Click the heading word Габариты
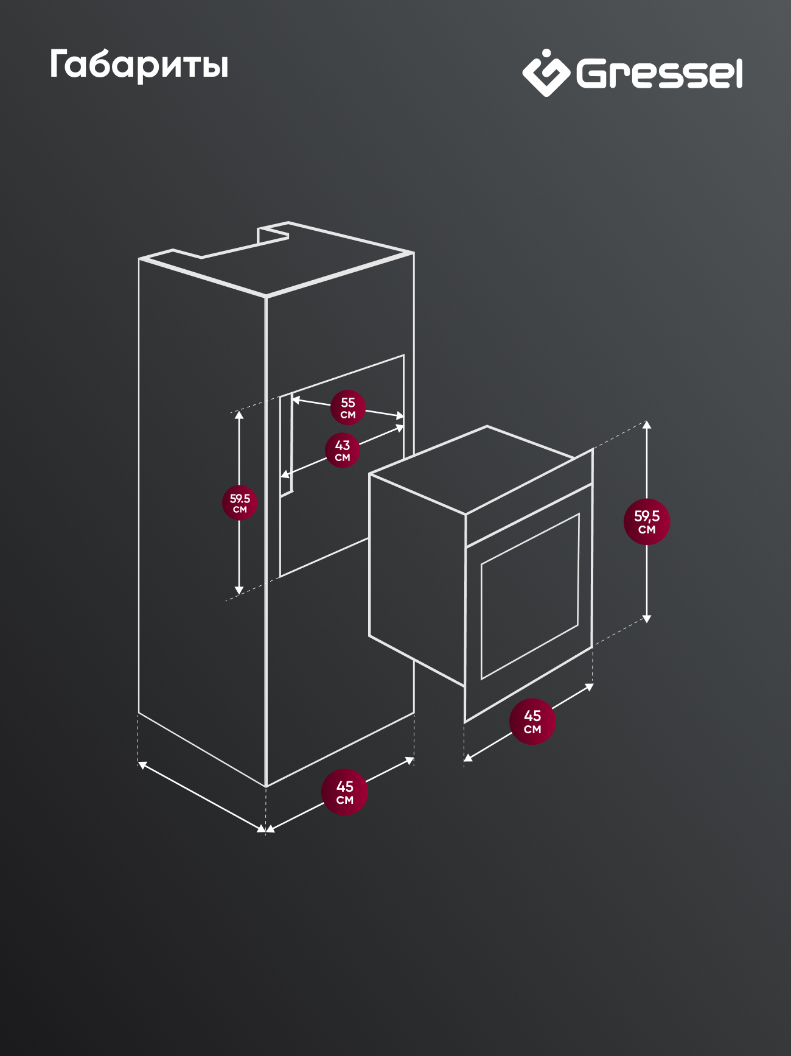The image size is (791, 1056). click(139, 65)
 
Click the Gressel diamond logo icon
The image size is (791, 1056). click(546, 73)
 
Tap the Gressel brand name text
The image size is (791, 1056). click(660, 74)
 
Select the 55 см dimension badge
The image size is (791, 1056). click(348, 407)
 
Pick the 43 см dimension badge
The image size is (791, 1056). click(343, 450)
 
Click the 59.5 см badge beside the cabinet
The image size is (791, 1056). click(240, 503)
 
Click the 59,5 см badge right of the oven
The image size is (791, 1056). click(647, 522)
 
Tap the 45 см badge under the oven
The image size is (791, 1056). click(532, 722)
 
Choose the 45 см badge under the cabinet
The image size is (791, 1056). click(345, 792)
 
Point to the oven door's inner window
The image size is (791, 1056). click(530, 596)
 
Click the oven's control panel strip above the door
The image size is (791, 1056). click(529, 498)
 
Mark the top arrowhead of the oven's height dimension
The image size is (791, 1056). click(647, 424)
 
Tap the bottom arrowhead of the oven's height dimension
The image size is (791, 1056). click(647, 618)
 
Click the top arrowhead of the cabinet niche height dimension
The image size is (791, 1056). click(239, 415)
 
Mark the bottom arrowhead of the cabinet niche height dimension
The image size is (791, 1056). click(239, 590)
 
